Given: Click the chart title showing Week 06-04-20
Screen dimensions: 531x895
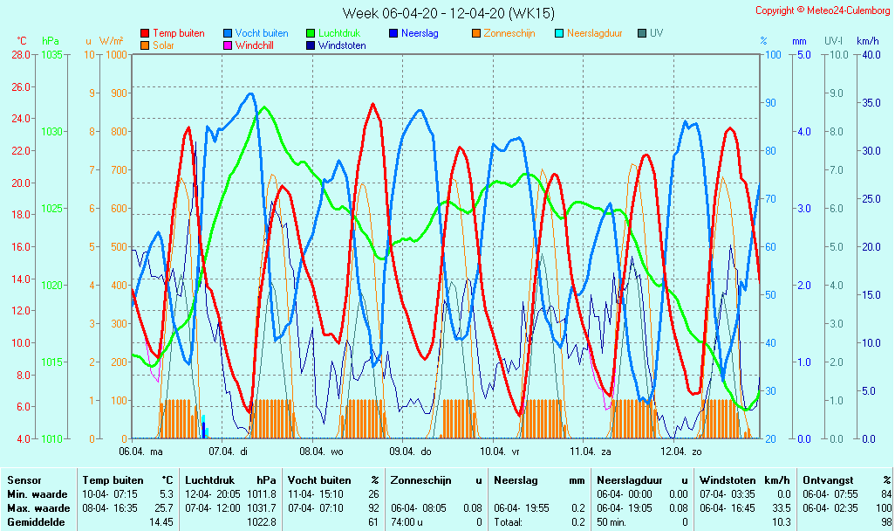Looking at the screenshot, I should tap(447, 13).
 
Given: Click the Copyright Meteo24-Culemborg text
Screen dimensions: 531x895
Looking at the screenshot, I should tap(823, 10).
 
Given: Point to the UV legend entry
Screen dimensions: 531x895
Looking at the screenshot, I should tap(656, 33).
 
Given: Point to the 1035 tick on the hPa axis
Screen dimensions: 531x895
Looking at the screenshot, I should tap(51, 54).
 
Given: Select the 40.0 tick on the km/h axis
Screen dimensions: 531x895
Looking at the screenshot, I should tap(867, 54).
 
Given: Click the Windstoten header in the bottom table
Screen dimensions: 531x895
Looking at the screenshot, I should tap(730, 479).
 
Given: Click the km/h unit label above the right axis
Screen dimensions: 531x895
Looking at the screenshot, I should tap(867, 41).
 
